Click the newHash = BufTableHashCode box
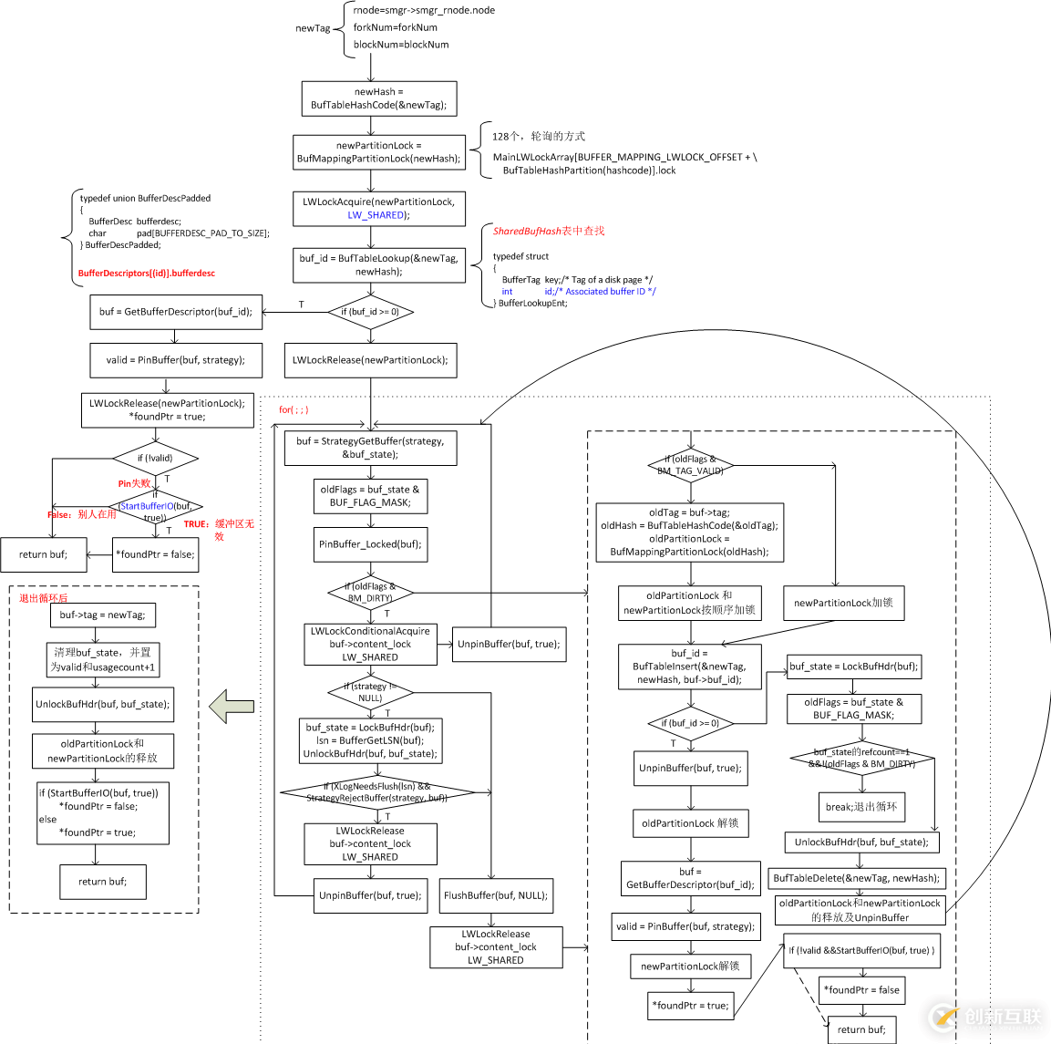pos(379,98)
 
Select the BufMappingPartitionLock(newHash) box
pos(378,152)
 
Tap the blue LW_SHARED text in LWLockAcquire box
pos(376,215)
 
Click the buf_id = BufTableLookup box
pos(378,265)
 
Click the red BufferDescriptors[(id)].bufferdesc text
pos(147,274)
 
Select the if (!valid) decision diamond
pos(155,459)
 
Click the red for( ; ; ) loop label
pos(294,409)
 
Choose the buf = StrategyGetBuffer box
pos(370,448)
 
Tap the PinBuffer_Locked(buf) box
pos(370,544)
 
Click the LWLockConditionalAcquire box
pos(370,644)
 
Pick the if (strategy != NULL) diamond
pos(370,692)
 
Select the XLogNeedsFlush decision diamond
pos(376,792)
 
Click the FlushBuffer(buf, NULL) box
pos(495,895)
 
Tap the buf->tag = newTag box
pos(102,615)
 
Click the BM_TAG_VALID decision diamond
pos(690,465)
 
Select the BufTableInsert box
pos(690,667)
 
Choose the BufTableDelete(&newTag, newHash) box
pos(856,878)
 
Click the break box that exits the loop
pos(861,807)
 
